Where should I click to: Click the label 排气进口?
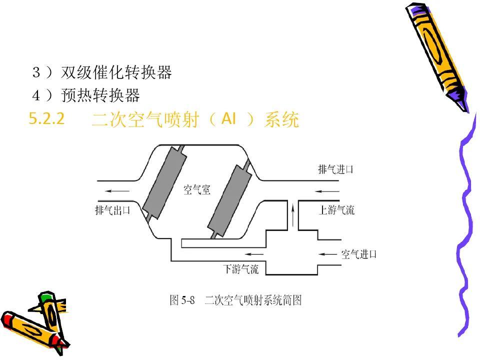[335, 169]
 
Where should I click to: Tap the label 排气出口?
[112, 210]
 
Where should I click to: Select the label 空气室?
[197, 190]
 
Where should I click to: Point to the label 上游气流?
[336, 210]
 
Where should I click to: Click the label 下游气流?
[240, 269]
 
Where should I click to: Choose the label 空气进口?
[358, 254]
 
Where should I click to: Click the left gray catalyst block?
[165, 182]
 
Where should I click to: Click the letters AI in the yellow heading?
[227, 119]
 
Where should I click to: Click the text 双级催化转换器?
[116, 73]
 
